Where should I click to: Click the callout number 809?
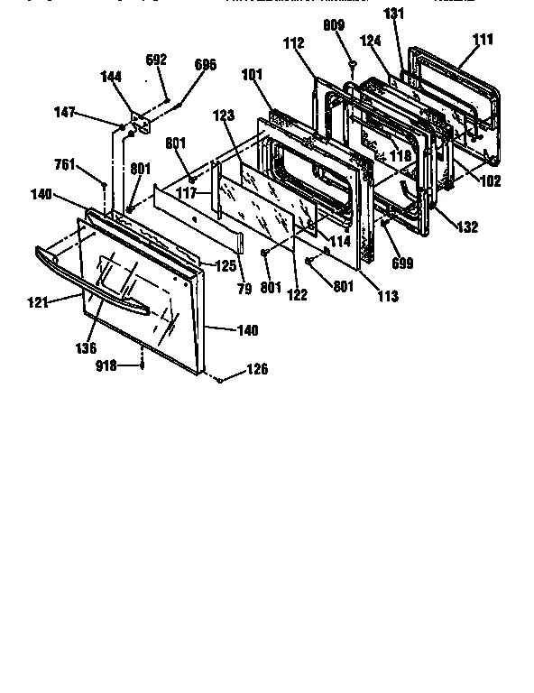pos(334,26)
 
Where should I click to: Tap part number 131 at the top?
pos(395,13)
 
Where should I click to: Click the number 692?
pos(156,60)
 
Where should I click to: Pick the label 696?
pos(206,65)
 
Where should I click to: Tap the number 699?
pos(402,263)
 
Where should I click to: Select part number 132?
pos(467,227)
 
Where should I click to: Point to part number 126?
pos(257,369)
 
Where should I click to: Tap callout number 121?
pos(36,302)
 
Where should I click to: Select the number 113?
pos(387,295)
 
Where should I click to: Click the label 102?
pos(492,180)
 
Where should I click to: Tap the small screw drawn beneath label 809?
pos(353,64)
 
